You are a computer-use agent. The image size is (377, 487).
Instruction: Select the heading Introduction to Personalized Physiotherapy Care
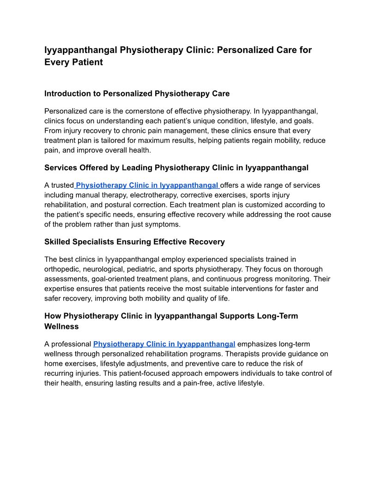[x=137, y=94]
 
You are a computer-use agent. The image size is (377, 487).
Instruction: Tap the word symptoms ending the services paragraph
[x=165, y=224]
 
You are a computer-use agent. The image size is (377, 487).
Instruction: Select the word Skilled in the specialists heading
[x=56, y=242]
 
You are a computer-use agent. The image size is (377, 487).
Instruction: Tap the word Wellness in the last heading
[x=61, y=327]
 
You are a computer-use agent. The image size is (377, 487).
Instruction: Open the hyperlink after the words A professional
[x=164, y=344]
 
